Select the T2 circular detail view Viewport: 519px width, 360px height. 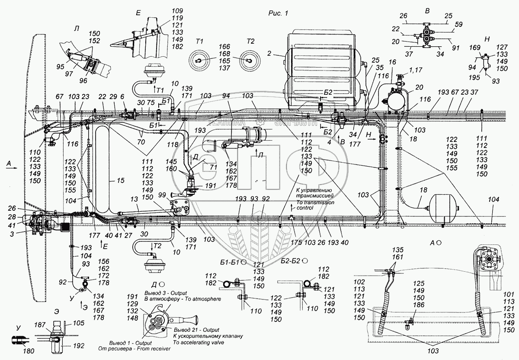pyautogui.click(x=250, y=60)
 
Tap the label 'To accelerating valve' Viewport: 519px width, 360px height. pyautogui.click(x=198, y=342)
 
